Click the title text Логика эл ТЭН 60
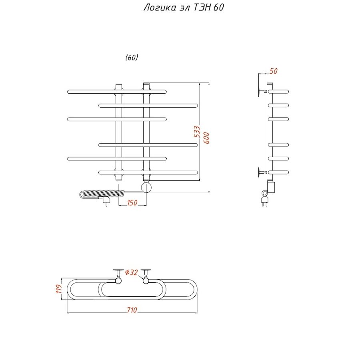(184, 7)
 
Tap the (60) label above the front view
(132, 57)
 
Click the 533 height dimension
(197, 132)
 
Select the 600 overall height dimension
(206, 138)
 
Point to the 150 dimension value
(132, 203)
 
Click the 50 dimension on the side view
(274, 71)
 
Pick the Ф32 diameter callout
(131, 272)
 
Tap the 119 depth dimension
(59, 289)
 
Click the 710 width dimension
(132, 310)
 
